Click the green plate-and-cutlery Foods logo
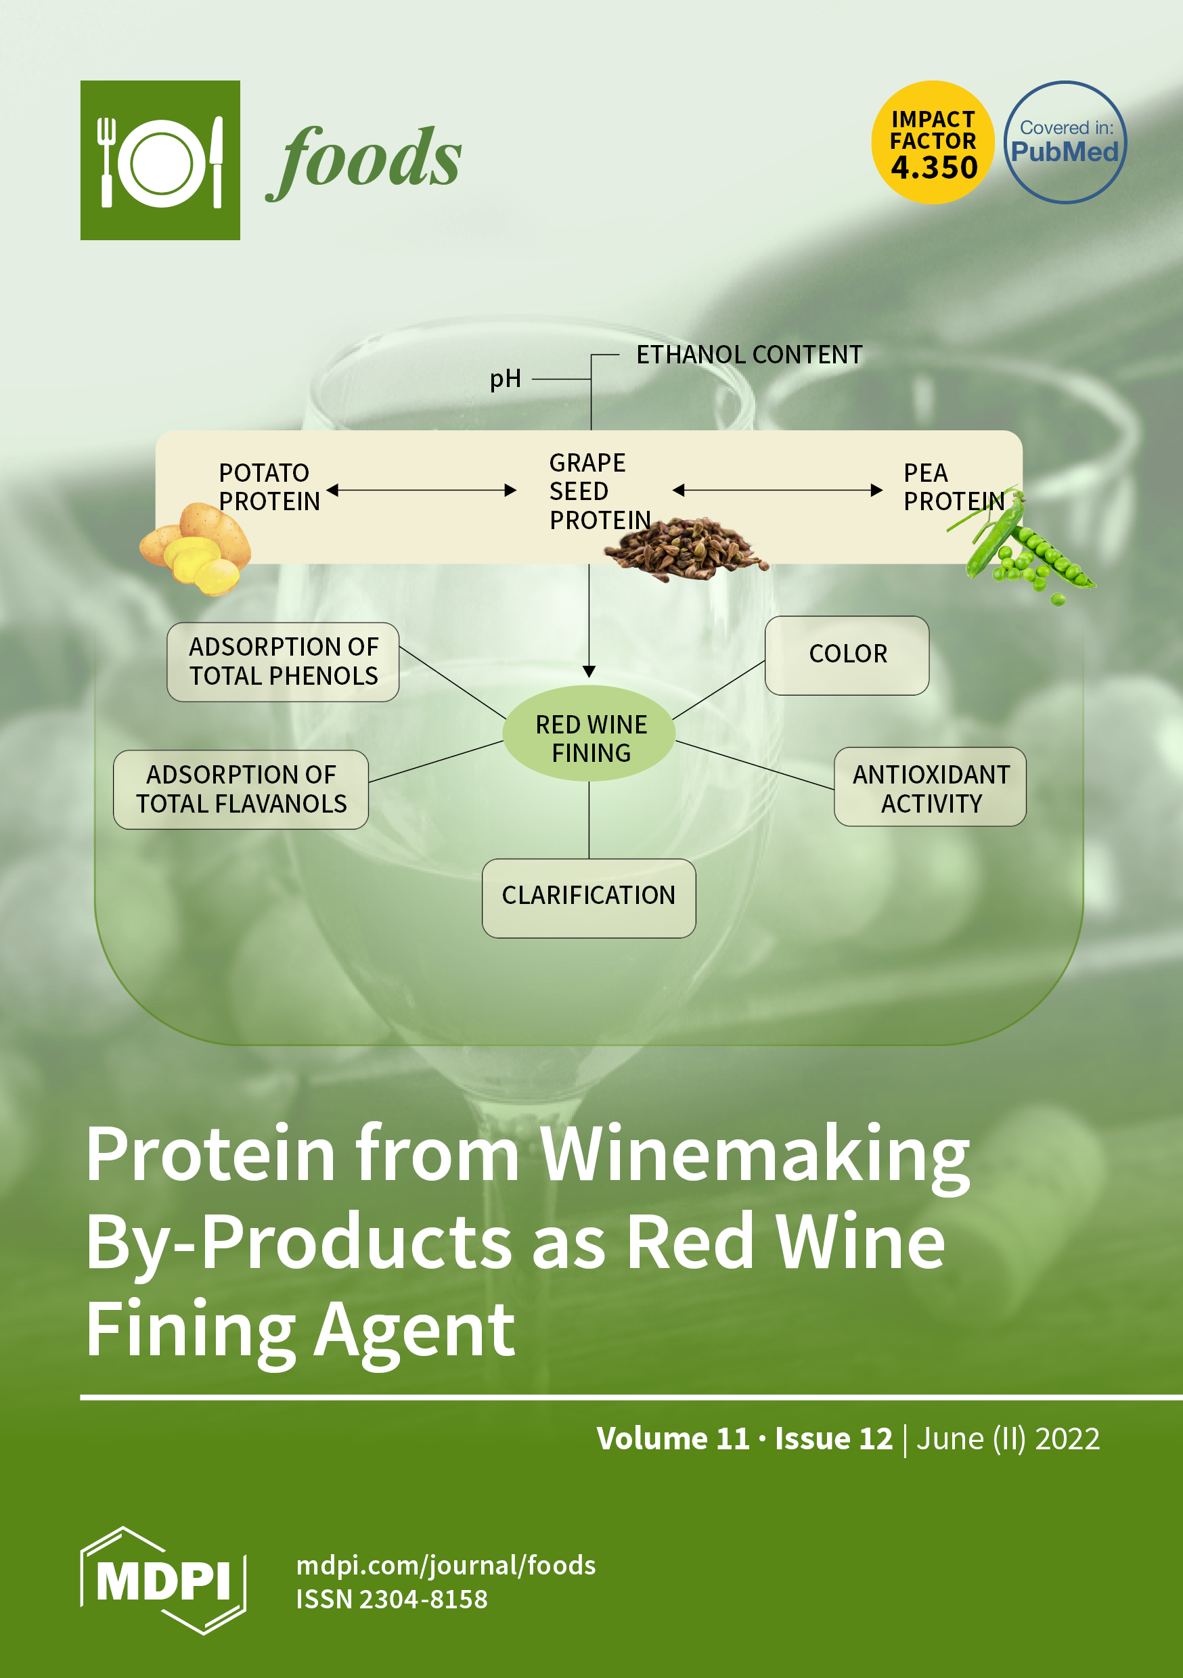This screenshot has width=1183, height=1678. pyautogui.click(x=160, y=160)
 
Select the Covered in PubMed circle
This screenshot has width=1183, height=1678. pyautogui.click(x=1065, y=143)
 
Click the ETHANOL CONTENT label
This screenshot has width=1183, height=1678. pyautogui.click(x=749, y=355)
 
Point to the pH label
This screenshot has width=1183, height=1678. pyautogui.click(x=506, y=380)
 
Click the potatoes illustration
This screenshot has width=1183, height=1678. pyautogui.click(x=195, y=549)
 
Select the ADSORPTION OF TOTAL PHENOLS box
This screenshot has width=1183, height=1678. pyautogui.click(x=283, y=662)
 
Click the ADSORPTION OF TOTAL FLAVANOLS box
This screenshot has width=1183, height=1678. pyautogui.click(x=240, y=790)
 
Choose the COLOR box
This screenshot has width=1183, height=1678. pyautogui.click(x=847, y=655)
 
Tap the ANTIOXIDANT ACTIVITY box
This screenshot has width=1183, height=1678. pyautogui.click(x=930, y=787)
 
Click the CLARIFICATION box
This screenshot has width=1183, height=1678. pyautogui.click(x=589, y=897)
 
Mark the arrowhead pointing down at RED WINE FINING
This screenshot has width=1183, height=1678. pyautogui.click(x=589, y=672)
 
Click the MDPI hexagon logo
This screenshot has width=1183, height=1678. pyautogui.click(x=163, y=1581)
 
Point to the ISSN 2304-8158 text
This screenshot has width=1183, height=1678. pyautogui.click(x=391, y=1600)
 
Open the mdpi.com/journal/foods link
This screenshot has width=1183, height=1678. pyautogui.click(x=446, y=1566)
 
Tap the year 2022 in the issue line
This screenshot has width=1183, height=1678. pyautogui.click(x=1067, y=1439)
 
